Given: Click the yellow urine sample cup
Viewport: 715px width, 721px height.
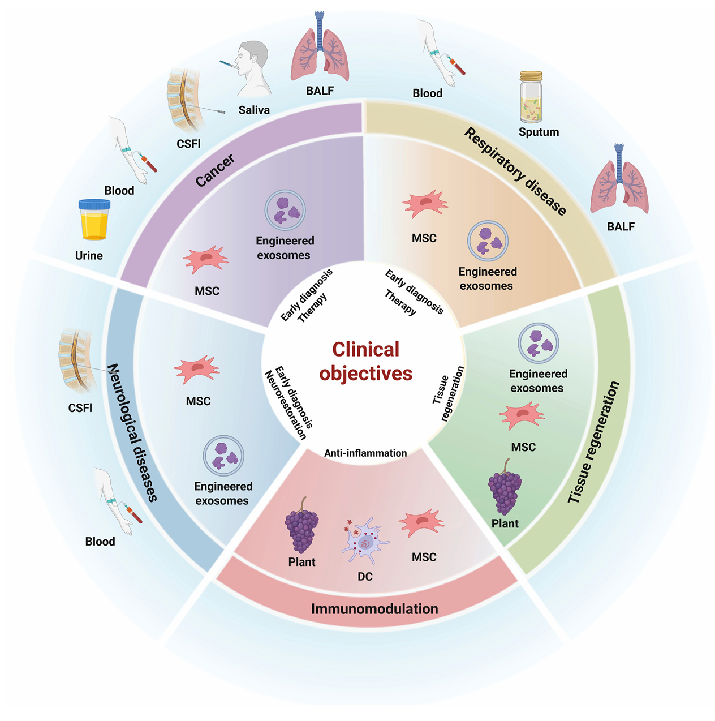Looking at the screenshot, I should tap(94, 220).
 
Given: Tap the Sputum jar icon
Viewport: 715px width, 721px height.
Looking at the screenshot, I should tap(531, 97).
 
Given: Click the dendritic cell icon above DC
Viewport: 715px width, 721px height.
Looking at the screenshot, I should tap(365, 540).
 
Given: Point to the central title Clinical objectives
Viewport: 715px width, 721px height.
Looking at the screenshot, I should tap(365, 361).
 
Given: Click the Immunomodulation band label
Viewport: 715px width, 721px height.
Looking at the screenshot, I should tap(374, 609).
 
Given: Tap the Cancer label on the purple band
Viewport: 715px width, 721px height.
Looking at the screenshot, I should tap(215, 170).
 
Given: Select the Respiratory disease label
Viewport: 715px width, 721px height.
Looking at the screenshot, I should tap(515, 171).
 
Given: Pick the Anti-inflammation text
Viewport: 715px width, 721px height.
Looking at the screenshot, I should tap(365, 453).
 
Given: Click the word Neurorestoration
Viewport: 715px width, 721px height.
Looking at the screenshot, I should tap(285, 405).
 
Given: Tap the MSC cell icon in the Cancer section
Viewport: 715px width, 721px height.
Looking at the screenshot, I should tap(205, 260).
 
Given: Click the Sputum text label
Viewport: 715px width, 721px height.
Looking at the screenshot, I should tap(539, 132).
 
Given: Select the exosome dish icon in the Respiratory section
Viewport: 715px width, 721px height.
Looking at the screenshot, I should tap(488, 241).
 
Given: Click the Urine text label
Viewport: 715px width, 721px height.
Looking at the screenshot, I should tap(89, 255).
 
